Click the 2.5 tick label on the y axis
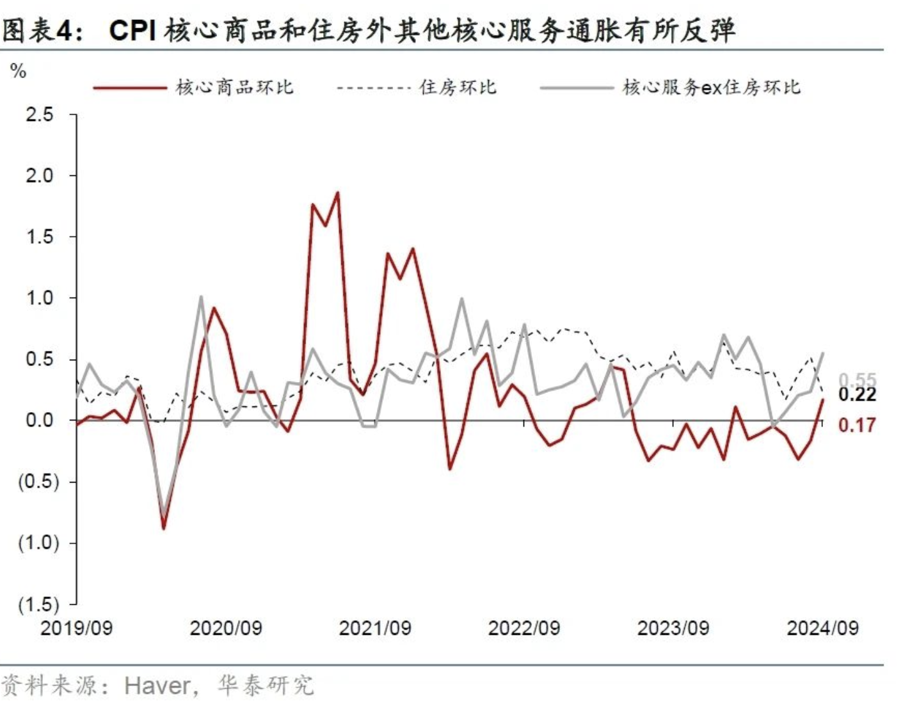point(39,115)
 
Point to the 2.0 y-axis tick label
point(39,176)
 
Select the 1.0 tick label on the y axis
point(39,298)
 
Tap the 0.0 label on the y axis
point(39,420)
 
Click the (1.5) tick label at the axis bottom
point(38,604)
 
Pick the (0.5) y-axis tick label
point(38,482)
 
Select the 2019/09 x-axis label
point(76,628)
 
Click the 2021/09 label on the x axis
point(375,628)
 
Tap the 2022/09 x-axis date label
point(524,628)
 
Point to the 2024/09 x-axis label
point(822,628)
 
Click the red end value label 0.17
point(857,425)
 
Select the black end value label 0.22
point(857,395)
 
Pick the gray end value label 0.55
point(858,380)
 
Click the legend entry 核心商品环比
point(234,87)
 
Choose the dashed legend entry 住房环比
point(458,87)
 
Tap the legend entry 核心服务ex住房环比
point(711,87)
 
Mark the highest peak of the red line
point(337,193)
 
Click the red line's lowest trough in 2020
point(164,528)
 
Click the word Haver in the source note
point(157,685)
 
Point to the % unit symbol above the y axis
point(19,71)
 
